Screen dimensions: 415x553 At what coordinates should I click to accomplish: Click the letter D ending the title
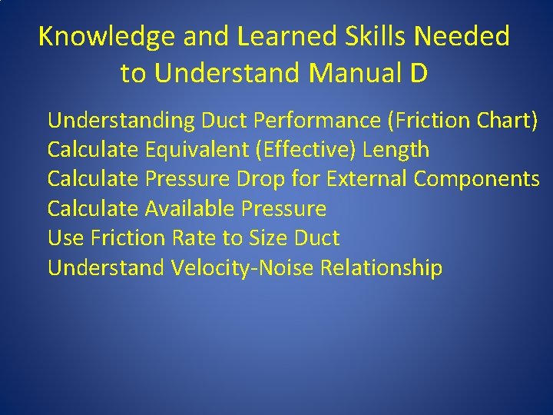(x=419, y=73)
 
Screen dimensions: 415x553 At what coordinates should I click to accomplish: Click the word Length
(x=396, y=149)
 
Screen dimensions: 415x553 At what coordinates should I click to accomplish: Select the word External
(x=366, y=179)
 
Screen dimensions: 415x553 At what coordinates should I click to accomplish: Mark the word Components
(x=476, y=179)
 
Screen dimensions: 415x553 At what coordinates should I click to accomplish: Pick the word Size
(x=268, y=238)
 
